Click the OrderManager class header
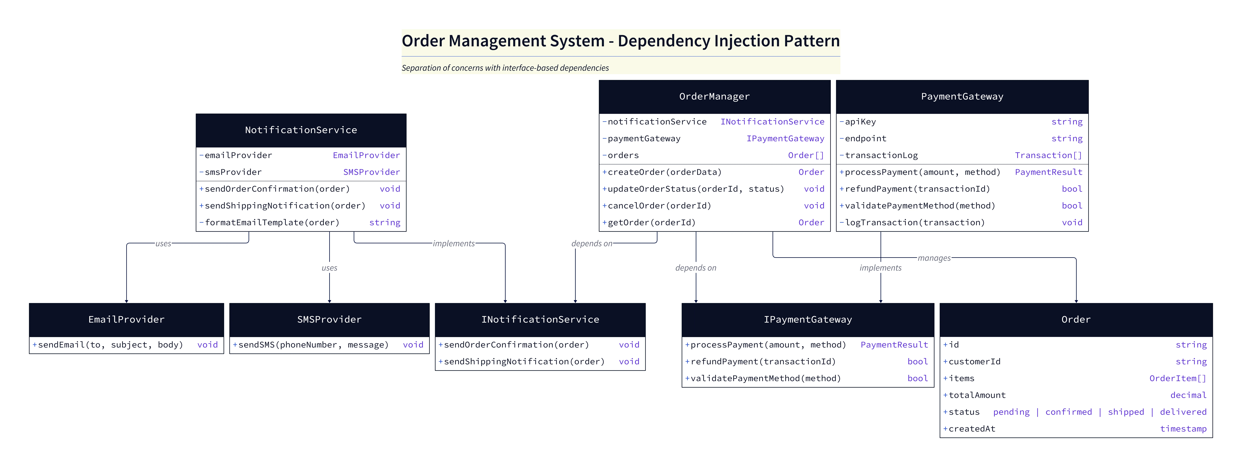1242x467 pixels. click(714, 96)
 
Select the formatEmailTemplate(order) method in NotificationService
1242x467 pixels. click(272, 222)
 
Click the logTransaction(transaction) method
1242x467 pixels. click(915, 222)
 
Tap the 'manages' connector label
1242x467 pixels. click(934, 258)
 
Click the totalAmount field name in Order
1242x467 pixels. click(977, 395)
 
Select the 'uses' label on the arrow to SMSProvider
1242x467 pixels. click(329, 268)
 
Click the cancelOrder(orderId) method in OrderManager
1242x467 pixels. click(659, 206)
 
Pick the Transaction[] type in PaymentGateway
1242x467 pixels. click(1048, 155)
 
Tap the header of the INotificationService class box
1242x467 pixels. click(540, 319)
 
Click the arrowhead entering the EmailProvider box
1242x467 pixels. click(126, 301)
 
